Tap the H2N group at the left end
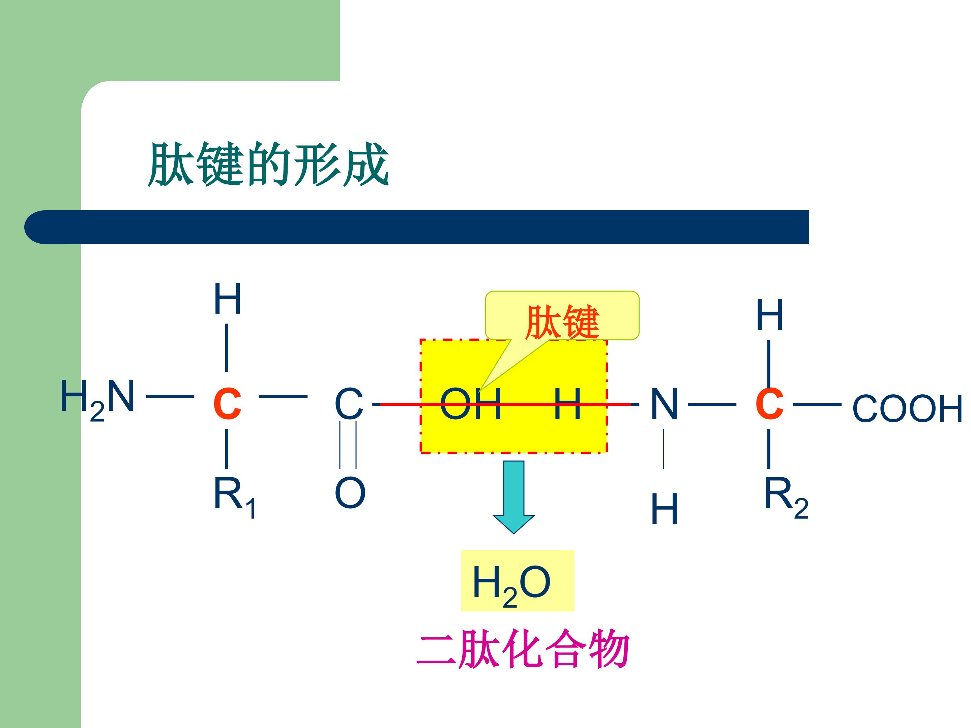[x=97, y=399]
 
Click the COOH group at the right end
[x=907, y=408]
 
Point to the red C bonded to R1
[x=227, y=404]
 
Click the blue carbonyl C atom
[x=349, y=403]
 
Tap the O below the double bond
[x=350, y=493]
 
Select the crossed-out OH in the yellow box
[x=471, y=403]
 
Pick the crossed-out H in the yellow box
[x=567, y=403]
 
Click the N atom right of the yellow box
[x=664, y=403]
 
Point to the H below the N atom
[x=664, y=509]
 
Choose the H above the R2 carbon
[x=769, y=315]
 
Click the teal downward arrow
[x=513, y=497]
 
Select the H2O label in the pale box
[x=511, y=585]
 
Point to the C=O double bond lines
[x=348, y=445]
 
